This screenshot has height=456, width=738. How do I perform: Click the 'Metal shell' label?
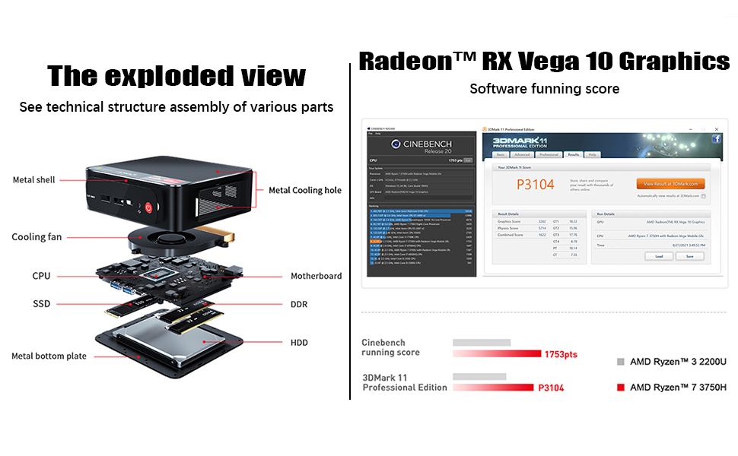[x=33, y=180]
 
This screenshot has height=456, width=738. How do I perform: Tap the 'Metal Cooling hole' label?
[x=305, y=190]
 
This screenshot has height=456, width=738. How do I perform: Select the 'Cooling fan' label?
[x=37, y=237]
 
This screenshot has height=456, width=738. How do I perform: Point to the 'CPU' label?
[x=41, y=276]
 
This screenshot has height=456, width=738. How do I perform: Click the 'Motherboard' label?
[x=316, y=276]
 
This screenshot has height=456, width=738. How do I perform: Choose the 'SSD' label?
[x=41, y=304]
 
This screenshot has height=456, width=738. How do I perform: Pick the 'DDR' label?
[x=299, y=304]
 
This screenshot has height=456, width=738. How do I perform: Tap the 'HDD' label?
[x=299, y=343]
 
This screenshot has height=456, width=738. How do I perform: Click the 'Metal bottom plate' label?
[x=49, y=356]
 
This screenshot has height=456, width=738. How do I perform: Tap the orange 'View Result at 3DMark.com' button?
[x=670, y=184]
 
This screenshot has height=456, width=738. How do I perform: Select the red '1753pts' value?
[x=561, y=354]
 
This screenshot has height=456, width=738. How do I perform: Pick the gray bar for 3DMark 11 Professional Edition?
[x=479, y=376]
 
